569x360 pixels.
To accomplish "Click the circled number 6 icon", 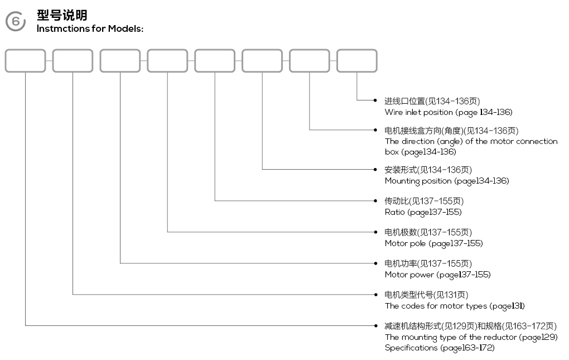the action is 16,21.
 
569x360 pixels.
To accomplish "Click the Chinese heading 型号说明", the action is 62,15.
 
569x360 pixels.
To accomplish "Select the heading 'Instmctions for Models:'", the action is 90,28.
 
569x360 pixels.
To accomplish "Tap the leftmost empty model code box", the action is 26,61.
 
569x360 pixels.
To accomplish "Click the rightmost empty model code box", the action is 357,61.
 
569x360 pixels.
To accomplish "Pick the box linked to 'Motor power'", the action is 120,61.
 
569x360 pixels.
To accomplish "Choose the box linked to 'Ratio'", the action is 215,61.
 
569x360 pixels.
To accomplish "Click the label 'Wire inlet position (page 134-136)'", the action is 449,113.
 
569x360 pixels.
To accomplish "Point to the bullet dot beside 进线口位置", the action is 375,100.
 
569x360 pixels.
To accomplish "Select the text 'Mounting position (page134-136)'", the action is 447,181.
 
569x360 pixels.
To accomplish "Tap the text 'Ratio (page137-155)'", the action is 423,212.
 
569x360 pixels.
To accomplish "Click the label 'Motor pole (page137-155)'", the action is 433,243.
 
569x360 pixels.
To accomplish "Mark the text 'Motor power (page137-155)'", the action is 438,275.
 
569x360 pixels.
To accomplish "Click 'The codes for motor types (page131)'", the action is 455,306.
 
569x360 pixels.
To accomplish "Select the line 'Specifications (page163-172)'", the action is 440,348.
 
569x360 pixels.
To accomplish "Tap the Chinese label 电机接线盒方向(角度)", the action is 424,131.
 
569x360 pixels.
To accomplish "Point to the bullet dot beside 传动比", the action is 375,201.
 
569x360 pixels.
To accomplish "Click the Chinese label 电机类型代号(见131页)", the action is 426,295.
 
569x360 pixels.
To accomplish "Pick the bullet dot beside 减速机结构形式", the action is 375,325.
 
